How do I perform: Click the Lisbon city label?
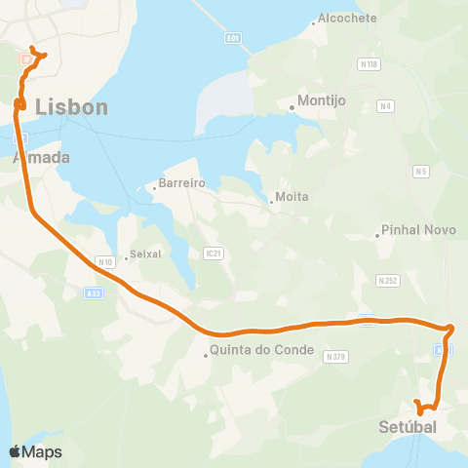click(71, 107)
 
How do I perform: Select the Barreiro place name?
click(180, 182)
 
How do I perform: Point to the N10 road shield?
click(106, 261)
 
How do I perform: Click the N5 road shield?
click(421, 172)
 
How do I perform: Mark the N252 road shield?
click(386, 280)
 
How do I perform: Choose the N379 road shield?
click(336, 356)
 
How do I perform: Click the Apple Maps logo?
click(35, 452)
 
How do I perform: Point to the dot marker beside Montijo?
click(292, 108)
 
